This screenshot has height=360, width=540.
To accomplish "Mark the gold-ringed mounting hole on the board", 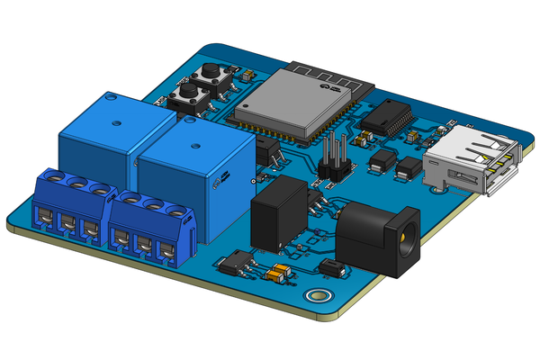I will click(x=316, y=295).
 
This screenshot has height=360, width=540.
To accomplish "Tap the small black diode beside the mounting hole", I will click(x=332, y=267).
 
